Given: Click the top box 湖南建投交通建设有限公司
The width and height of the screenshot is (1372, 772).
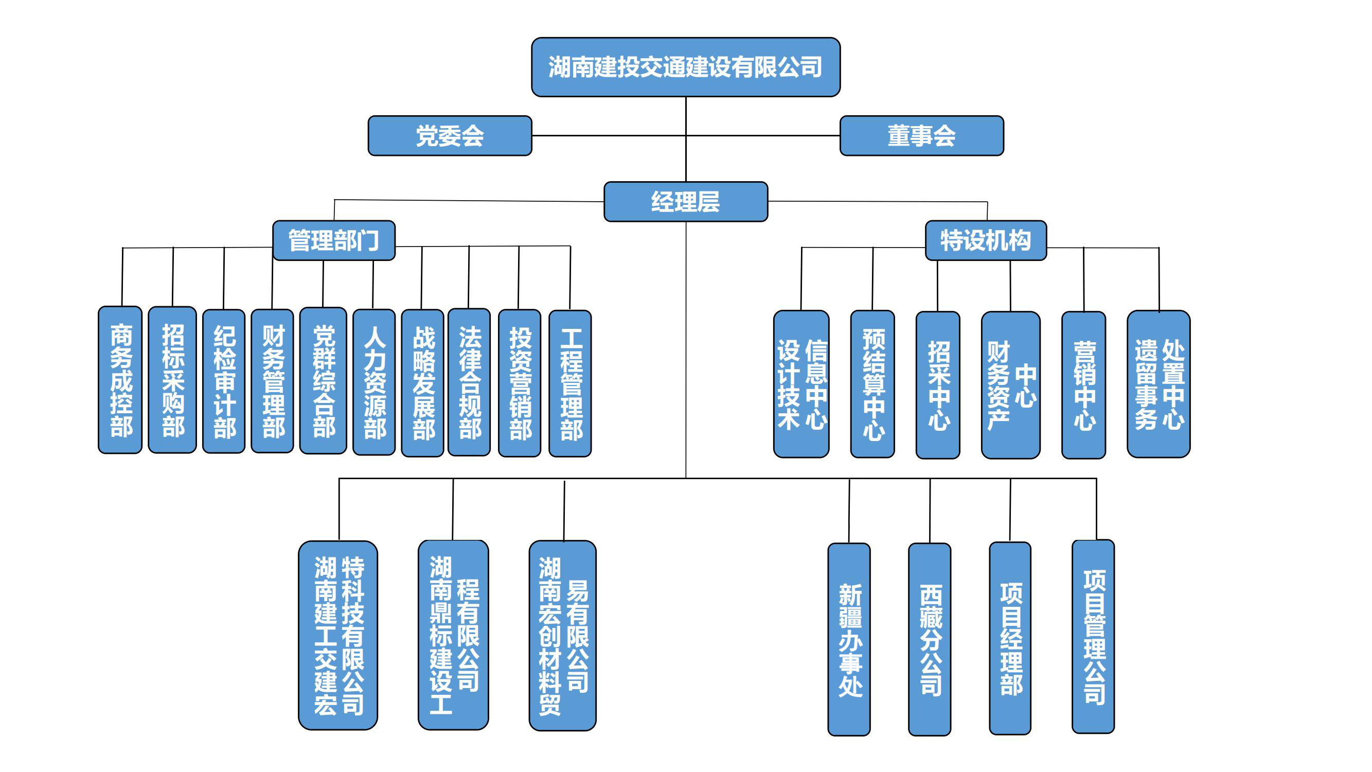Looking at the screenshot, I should [685, 67].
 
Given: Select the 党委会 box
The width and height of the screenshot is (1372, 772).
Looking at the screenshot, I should [450, 136].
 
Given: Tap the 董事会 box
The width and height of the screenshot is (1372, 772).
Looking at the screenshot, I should [921, 136].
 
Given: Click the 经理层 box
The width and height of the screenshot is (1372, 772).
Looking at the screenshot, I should [685, 202].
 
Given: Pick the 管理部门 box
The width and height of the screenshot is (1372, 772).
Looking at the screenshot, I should [334, 240].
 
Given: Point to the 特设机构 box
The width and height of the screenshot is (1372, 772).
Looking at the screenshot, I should [985, 240].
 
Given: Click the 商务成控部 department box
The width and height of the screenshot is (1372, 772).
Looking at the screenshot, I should [120, 380].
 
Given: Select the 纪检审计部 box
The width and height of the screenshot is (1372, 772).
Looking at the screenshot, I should [224, 381].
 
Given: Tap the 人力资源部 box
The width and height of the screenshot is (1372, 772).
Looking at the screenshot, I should [374, 382].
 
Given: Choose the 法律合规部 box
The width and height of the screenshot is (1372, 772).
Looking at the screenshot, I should [469, 382].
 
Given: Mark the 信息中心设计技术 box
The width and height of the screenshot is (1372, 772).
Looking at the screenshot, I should [801, 384].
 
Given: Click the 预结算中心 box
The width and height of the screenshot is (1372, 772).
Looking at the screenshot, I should [872, 384].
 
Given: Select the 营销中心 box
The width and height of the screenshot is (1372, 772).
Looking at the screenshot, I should [1083, 385].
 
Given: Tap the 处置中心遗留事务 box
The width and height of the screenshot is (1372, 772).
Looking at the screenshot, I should [1159, 384].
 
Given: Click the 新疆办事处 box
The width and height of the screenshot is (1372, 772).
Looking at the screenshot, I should [849, 639].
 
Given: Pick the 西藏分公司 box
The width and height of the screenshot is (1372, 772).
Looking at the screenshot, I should [930, 639].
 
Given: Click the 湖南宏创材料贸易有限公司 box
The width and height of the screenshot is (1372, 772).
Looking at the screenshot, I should [562, 636].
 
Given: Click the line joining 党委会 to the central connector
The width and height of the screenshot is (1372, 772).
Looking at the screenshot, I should [607, 136].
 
